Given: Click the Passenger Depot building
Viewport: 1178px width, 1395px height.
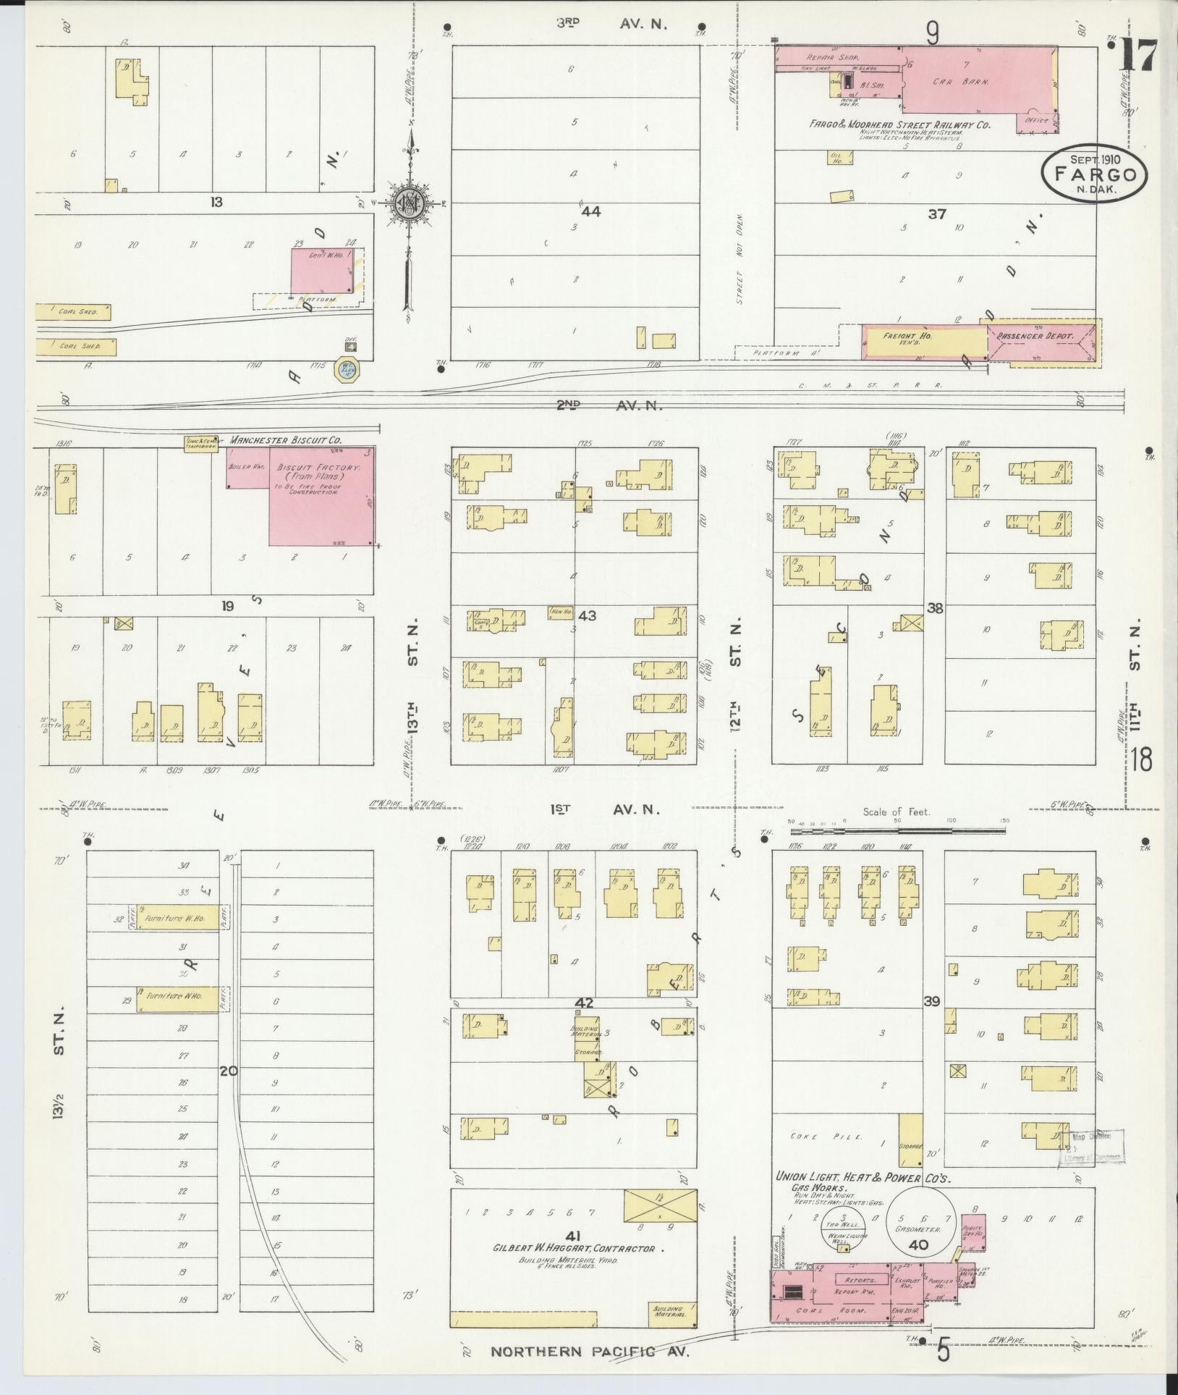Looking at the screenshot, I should point(1042,341).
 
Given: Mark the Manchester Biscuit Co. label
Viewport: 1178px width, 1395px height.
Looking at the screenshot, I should point(286,439).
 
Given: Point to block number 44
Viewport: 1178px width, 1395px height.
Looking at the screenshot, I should point(591,211).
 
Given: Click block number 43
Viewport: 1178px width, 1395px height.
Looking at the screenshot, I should point(587,615).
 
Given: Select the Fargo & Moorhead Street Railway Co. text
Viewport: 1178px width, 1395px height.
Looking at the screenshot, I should point(899,125).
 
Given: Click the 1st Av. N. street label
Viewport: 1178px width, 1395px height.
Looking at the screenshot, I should point(607,810).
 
